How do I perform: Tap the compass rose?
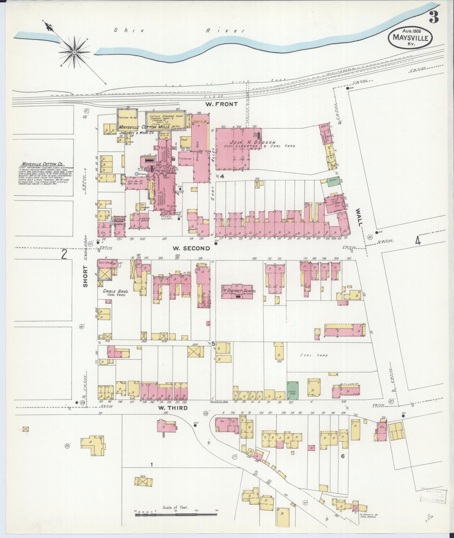click(x=74, y=52)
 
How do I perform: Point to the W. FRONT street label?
click(x=221, y=104)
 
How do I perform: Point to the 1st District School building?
click(x=238, y=291)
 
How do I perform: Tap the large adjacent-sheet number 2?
click(x=64, y=255)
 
